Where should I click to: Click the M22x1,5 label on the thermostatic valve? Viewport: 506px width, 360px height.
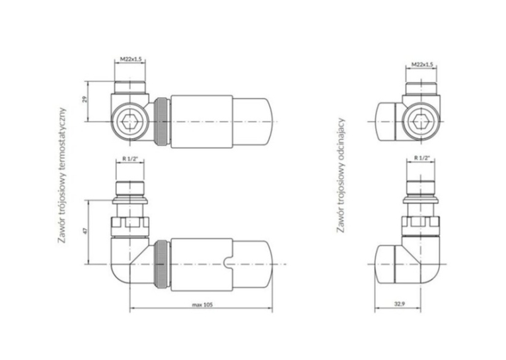pos(130,59)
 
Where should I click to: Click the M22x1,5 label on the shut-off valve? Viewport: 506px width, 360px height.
pos(421,65)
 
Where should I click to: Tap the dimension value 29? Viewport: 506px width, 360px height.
pos(85,99)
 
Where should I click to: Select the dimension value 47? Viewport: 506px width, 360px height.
pos(85,231)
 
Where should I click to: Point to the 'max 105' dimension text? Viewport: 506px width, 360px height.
pos(202,305)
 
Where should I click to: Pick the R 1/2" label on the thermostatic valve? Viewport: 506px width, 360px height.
pos(130,159)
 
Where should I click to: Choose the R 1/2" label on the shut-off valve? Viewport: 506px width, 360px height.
pos(422,158)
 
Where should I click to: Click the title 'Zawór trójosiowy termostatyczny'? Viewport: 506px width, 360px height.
pos(62,176)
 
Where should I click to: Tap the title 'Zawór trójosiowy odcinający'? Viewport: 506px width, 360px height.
pos(341,176)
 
